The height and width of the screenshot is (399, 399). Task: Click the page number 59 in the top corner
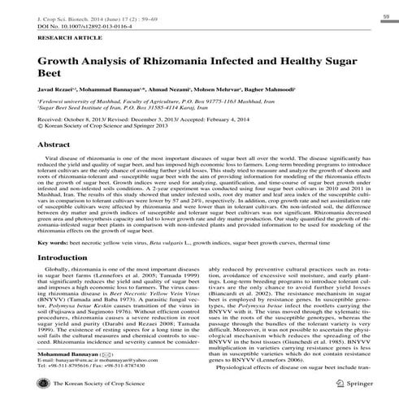click(384, 15)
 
